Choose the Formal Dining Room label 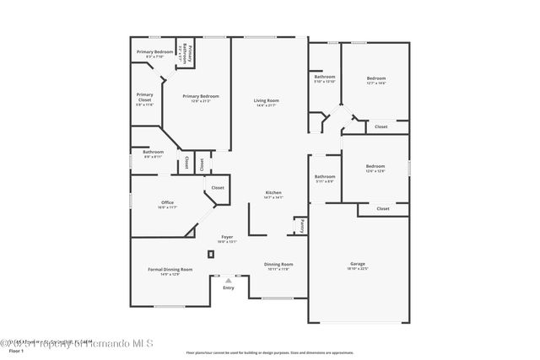click(170, 271)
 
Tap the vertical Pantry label click(300, 225)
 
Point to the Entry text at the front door click(228, 288)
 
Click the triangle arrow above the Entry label click(228, 281)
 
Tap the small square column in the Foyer click(210, 254)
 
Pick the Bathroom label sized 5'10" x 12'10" click(325, 79)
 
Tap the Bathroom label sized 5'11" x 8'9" click(325, 179)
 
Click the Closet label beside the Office click(217, 187)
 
